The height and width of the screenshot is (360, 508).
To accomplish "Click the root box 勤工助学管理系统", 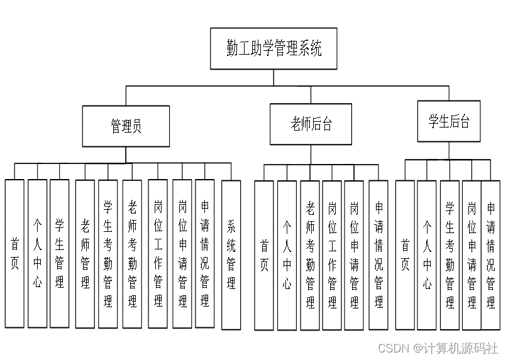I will point(273,48).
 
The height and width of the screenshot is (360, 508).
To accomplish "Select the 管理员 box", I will point(126,126).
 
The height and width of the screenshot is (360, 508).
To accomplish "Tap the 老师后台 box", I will point(311,124).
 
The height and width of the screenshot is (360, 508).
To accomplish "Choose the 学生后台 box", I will point(449,121).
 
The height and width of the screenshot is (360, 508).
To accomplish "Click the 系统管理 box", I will point(231,254).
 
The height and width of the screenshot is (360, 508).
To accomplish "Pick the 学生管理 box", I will point(60,254).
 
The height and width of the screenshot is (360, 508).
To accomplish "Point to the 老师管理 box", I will point(85,254).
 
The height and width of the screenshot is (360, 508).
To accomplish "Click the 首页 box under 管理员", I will point(14,254).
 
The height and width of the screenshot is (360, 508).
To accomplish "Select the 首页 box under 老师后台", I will point(264,255).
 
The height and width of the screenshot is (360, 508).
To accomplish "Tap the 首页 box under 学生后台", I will point(405,255).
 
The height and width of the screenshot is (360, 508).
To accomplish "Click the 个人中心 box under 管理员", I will point(37,254).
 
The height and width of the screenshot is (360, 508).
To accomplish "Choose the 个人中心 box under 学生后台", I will point(427,255).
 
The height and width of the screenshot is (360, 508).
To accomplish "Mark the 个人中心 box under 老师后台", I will point(287,255).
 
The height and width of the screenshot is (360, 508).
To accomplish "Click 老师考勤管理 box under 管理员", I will point(132,254).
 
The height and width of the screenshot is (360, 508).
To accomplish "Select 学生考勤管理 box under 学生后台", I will point(450,255).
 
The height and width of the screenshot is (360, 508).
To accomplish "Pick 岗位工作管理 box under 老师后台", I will point(332,255).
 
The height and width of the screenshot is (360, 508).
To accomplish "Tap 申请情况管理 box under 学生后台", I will point(491,255).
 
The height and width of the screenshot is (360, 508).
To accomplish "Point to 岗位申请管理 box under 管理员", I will point(182,254).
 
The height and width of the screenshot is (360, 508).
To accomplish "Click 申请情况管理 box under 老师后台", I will point(378,255).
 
